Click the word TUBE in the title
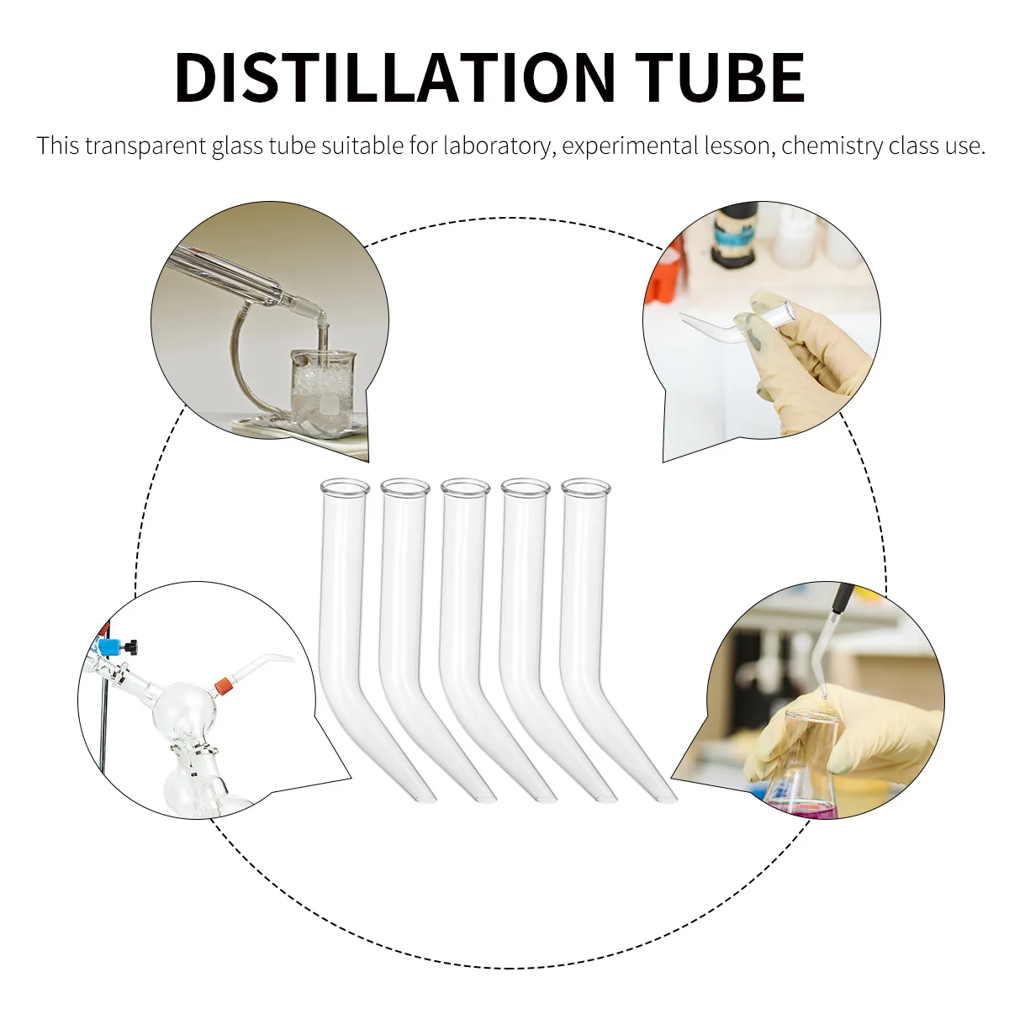(x=720, y=77)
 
